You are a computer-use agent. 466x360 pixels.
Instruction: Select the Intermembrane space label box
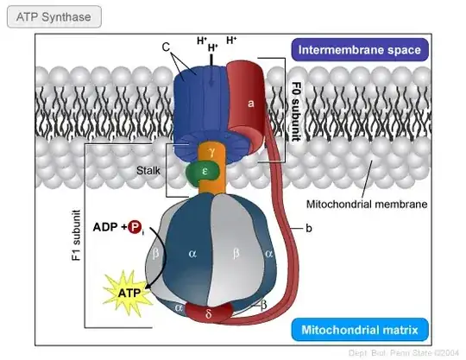[x=360, y=49]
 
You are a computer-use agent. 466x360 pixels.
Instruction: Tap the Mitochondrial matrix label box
[x=361, y=329]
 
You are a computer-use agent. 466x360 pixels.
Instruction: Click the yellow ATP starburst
[x=124, y=294]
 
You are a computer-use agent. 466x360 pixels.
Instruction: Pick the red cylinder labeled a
[x=252, y=103]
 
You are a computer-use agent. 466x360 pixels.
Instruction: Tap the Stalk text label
[x=148, y=171]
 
